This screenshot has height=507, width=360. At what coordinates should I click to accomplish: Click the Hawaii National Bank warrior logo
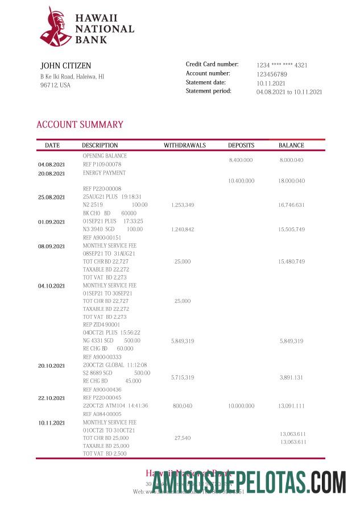(x=55, y=26)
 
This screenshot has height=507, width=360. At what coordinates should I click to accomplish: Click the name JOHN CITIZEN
(x=65, y=66)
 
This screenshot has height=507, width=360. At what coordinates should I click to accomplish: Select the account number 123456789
(x=271, y=74)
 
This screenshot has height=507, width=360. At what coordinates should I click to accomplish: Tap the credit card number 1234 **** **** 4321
(x=282, y=65)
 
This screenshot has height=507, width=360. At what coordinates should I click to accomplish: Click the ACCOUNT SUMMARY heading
(x=80, y=124)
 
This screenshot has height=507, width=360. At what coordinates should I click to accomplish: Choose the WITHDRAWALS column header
(x=184, y=146)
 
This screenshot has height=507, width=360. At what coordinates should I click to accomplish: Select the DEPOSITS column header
(x=241, y=146)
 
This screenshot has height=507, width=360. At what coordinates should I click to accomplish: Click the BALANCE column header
(x=291, y=146)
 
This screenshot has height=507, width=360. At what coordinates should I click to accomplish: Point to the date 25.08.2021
(x=52, y=197)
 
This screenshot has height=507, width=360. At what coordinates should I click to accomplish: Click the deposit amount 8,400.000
(x=241, y=161)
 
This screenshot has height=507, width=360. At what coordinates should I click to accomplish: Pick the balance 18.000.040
(x=291, y=181)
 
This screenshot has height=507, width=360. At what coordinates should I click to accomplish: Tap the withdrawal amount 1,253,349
(x=182, y=205)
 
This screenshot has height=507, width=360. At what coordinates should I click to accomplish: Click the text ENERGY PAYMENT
(x=104, y=173)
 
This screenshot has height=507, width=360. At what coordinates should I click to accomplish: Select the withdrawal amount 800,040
(x=182, y=406)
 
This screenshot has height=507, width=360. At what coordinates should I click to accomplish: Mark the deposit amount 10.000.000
(x=241, y=406)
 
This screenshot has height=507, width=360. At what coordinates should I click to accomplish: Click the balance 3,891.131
(x=292, y=377)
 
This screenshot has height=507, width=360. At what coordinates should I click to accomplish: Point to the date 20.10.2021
(x=52, y=365)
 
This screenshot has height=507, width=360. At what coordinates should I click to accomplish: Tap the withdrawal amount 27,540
(x=182, y=438)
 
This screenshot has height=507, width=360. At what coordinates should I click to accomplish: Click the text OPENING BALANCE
(x=105, y=156)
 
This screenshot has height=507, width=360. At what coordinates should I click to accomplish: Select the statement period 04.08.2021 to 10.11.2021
(x=289, y=92)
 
